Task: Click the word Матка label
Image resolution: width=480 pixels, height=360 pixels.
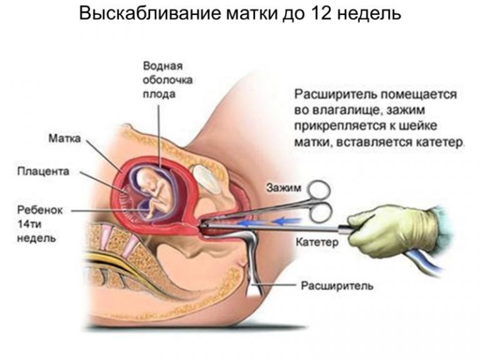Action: tap(64, 138)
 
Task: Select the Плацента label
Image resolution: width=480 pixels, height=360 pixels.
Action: tap(43, 171)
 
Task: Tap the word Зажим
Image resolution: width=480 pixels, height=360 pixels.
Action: tap(284, 187)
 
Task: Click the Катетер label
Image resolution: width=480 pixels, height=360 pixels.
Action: tap(317, 242)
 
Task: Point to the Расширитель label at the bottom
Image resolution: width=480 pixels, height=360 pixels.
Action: tap(337, 286)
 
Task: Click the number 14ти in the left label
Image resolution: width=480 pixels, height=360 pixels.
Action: tap(29, 224)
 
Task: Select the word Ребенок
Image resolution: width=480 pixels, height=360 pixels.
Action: tap(40, 210)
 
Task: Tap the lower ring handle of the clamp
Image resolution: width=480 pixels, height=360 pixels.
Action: tap(321, 212)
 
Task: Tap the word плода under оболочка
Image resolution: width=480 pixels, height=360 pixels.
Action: tap(159, 94)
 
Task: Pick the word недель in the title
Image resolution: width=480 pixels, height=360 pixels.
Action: tap(369, 14)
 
